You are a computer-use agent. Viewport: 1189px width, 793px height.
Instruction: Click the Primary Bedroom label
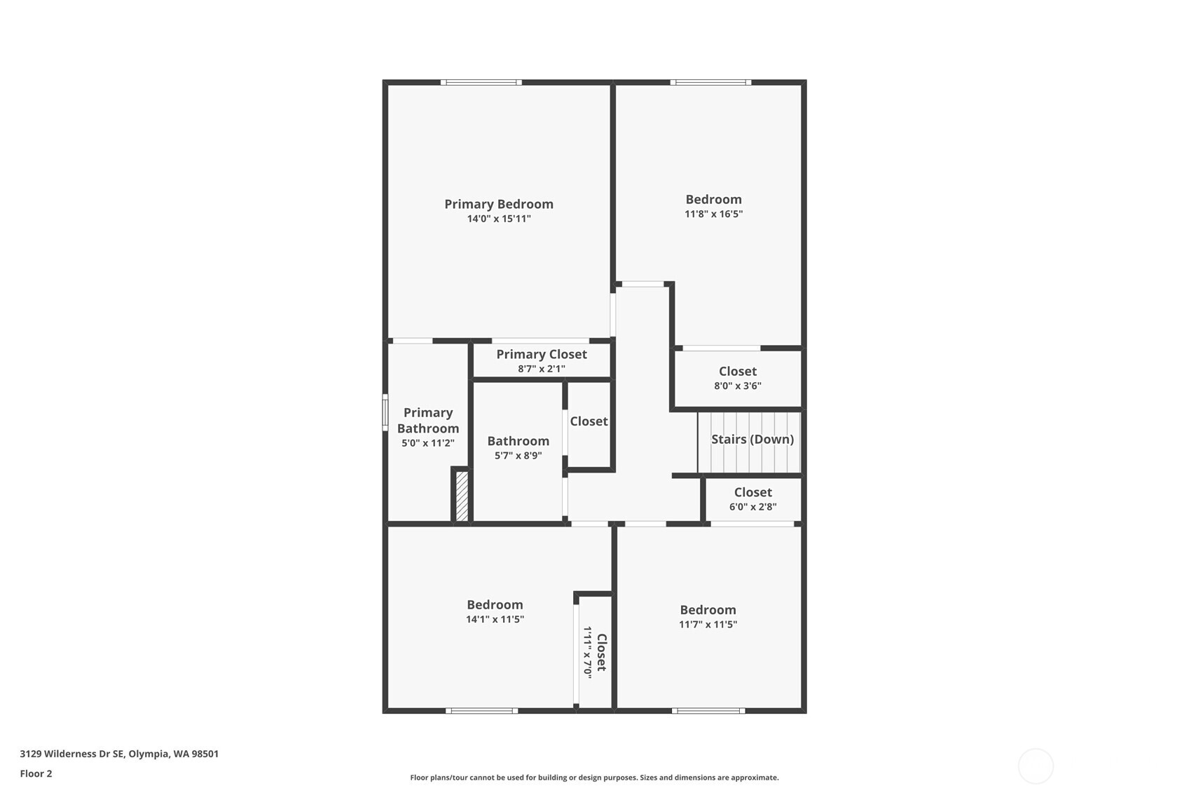498,204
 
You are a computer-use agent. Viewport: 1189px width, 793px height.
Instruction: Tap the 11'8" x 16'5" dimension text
713,214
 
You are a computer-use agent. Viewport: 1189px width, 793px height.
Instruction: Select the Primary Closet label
541,354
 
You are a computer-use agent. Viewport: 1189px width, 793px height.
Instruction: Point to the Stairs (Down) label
752,439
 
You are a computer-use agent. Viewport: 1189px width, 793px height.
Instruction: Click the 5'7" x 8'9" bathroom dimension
518,456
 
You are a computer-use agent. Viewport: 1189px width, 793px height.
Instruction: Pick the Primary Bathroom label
427,420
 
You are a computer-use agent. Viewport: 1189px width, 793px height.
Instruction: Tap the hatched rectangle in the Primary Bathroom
462,496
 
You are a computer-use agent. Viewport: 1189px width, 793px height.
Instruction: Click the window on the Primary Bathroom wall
385,412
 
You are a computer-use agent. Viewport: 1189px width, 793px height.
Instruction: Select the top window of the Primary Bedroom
481,83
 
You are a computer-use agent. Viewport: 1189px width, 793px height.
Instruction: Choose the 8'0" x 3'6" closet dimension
737,386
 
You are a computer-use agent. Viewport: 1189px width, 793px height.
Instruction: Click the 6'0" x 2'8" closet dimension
752,507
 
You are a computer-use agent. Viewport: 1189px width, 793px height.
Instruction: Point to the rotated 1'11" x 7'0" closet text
588,652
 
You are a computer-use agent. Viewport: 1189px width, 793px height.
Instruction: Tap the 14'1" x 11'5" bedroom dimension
495,619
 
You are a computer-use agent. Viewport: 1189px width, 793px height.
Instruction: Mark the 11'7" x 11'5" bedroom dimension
708,625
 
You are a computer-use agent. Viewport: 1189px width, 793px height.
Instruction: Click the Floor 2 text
36,773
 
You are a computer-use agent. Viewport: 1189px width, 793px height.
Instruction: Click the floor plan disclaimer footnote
594,778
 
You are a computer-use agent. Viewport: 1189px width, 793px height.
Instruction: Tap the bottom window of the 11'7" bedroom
708,711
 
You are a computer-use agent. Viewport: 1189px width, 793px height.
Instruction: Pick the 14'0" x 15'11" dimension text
498,219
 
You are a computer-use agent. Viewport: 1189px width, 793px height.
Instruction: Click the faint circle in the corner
1035,766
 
